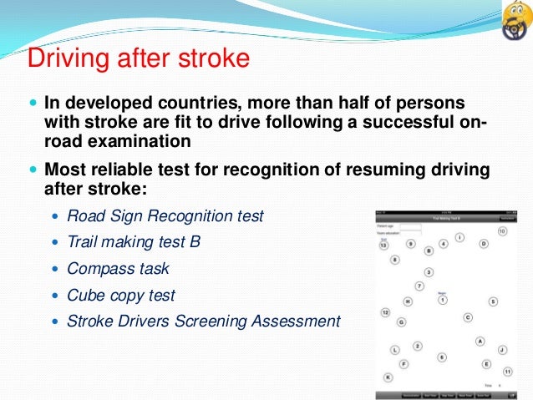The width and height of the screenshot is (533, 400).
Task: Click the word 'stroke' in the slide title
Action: click(x=211, y=58)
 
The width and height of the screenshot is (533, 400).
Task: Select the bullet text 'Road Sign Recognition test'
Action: click(x=165, y=216)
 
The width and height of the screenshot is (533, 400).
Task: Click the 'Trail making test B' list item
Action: click(x=134, y=242)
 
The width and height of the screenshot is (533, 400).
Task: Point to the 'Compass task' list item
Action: click(x=118, y=269)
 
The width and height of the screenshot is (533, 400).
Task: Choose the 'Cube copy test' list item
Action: click(x=121, y=295)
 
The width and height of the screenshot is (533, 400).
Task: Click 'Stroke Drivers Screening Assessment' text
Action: click(x=204, y=321)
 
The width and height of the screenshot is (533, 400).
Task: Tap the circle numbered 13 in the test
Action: click(x=383, y=246)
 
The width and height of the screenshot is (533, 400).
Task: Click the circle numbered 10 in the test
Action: click(x=502, y=230)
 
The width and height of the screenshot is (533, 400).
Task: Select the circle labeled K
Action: click(x=387, y=377)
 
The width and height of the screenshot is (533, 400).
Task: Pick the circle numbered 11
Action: click(x=507, y=371)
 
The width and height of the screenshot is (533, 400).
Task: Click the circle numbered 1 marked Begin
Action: click(x=443, y=300)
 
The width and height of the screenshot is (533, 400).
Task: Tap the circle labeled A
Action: click(x=480, y=341)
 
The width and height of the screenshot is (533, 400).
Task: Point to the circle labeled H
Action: click(x=408, y=301)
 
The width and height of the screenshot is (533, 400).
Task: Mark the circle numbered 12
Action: click(x=385, y=312)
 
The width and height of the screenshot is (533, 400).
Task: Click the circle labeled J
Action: click(x=502, y=350)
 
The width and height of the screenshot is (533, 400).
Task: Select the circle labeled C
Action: click(x=468, y=317)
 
